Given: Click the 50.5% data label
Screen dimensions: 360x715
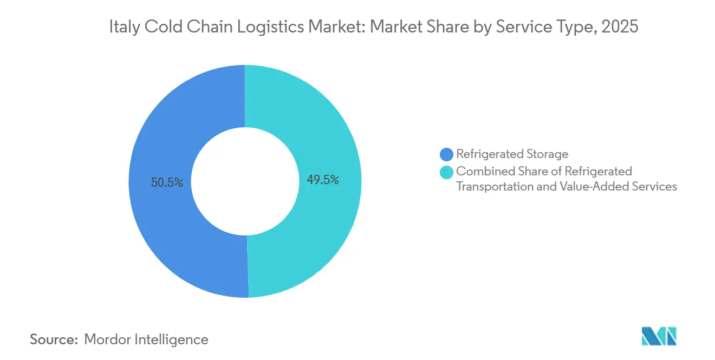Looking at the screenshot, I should pos(167,183).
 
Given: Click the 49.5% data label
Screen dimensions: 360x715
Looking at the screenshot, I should pos(323,180).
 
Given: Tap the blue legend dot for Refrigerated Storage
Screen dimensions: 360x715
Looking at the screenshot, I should pos(447,155).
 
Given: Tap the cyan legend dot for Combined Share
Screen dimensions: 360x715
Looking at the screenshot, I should pos(447,172).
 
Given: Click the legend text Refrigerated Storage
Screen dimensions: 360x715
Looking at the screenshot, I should pos(512,155).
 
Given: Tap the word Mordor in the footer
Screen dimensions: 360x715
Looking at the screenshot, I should pos(106,340).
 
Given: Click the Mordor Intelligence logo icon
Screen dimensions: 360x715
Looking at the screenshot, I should pos(659,336).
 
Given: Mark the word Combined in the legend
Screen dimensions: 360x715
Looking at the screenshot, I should pos(481,172).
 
